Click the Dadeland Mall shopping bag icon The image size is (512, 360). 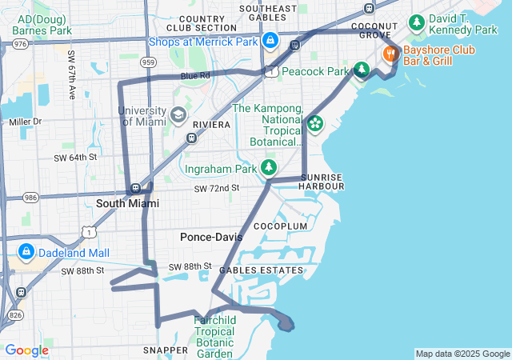pos(26,252)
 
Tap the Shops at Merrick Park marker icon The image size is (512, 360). pos(270,40)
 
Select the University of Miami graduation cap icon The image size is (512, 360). pos(178,116)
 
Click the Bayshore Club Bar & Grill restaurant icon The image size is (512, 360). pos(390,54)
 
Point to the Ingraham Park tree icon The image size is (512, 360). pos(270,168)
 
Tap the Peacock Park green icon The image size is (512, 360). pos(362,71)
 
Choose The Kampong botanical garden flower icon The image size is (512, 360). pos(315,124)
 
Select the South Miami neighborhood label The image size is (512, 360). pos(127,203)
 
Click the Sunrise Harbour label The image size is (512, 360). pos(322,182)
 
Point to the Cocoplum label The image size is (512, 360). pos(280,226)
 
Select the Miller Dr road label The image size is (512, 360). pos(25,122)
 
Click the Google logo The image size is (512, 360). pos(26,350)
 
